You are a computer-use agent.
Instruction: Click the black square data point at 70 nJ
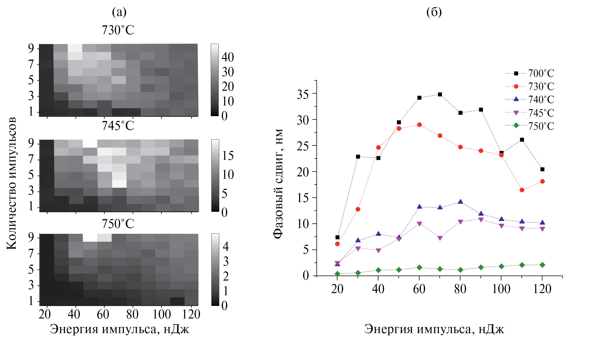click(440, 94)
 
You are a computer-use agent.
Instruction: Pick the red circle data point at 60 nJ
click(419, 125)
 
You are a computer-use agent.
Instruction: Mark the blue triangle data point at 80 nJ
click(460, 202)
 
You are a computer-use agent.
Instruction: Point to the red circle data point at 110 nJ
click(522, 190)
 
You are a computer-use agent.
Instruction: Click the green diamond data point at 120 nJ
click(542, 265)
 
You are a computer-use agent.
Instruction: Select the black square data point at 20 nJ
click(337, 237)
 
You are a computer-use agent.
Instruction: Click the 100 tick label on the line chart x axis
click(501, 289)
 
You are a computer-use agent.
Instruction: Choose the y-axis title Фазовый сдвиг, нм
click(278, 183)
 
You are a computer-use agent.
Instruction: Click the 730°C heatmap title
click(118, 30)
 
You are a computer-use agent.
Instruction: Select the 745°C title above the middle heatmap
click(118, 126)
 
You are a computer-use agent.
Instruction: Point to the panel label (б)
click(434, 12)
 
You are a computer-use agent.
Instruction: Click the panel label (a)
click(119, 12)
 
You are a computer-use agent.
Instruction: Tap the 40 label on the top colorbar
click(228, 57)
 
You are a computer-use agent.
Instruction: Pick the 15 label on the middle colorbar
click(228, 156)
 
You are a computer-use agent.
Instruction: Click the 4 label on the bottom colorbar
click(226, 246)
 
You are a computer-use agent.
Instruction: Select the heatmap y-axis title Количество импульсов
click(12, 183)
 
